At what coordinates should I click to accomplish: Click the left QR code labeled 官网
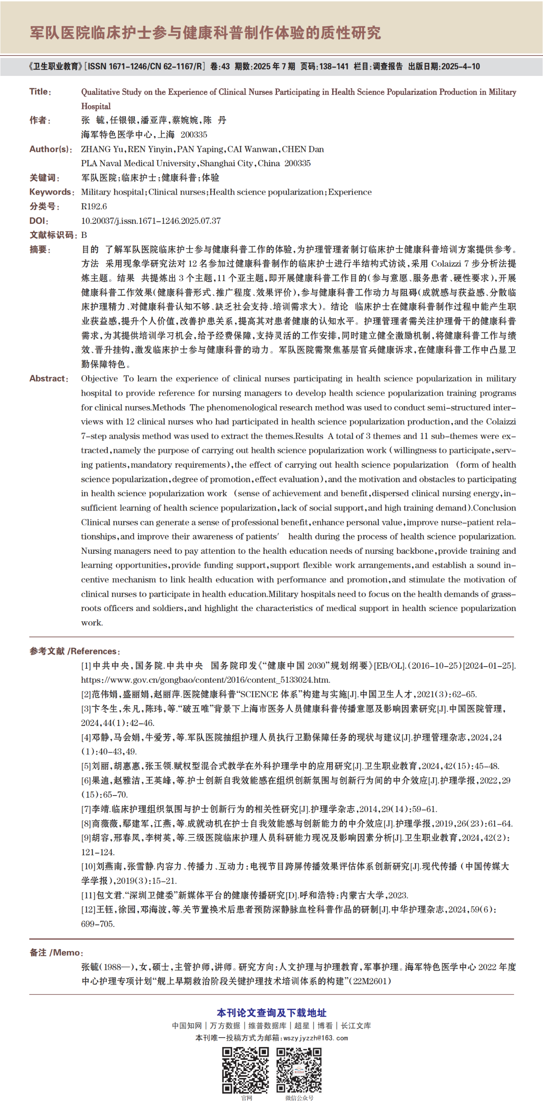pos(245,1070)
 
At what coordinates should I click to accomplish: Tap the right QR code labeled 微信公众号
pos(299,1070)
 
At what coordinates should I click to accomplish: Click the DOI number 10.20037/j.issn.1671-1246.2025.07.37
pos(151,221)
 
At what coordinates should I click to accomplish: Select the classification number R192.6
pos(94,206)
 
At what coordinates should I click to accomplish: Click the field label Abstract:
pos(49,379)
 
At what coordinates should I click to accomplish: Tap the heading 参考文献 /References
pos(75,651)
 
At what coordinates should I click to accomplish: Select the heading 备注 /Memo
pos(56,952)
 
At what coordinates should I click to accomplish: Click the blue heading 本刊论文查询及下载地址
pos(271,1013)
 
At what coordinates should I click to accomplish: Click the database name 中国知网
pos(187,1026)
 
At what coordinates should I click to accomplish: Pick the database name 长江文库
pos(356,1026)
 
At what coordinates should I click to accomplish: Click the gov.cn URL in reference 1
pos(205,680)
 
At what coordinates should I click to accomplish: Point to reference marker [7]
pos(86,809)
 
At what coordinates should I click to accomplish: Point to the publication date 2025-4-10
pos(461,67)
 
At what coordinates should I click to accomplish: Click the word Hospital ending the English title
pos(96,106)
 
